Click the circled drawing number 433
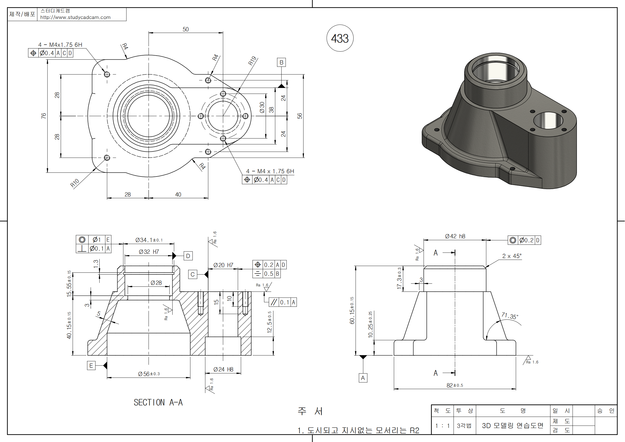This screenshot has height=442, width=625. (340, 38)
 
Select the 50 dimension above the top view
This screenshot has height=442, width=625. (185, 29)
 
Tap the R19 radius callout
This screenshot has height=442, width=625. (252, 60)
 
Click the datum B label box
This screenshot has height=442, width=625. (281, 62)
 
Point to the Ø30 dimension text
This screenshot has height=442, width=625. (262, 107)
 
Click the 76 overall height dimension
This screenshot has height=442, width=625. (44, 116)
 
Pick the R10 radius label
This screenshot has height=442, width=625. (74, 183)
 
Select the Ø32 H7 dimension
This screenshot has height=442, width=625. (149, 252)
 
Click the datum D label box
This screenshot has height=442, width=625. (188, 256)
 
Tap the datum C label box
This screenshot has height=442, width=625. (192, 274)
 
